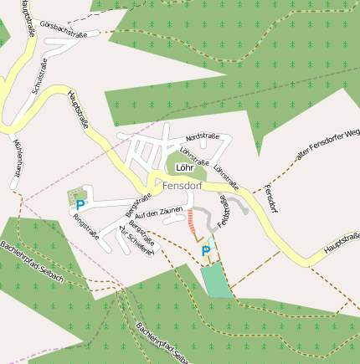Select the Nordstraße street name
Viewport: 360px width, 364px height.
[203, 136]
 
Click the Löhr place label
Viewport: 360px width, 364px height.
[184, 167]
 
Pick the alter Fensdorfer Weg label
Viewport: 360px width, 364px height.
[327, 144]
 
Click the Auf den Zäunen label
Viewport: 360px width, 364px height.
[158, 213]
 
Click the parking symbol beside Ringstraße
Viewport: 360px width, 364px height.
[80, 204]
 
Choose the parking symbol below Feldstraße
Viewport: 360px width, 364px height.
[205, 249]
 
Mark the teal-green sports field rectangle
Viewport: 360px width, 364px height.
[216, 279]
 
